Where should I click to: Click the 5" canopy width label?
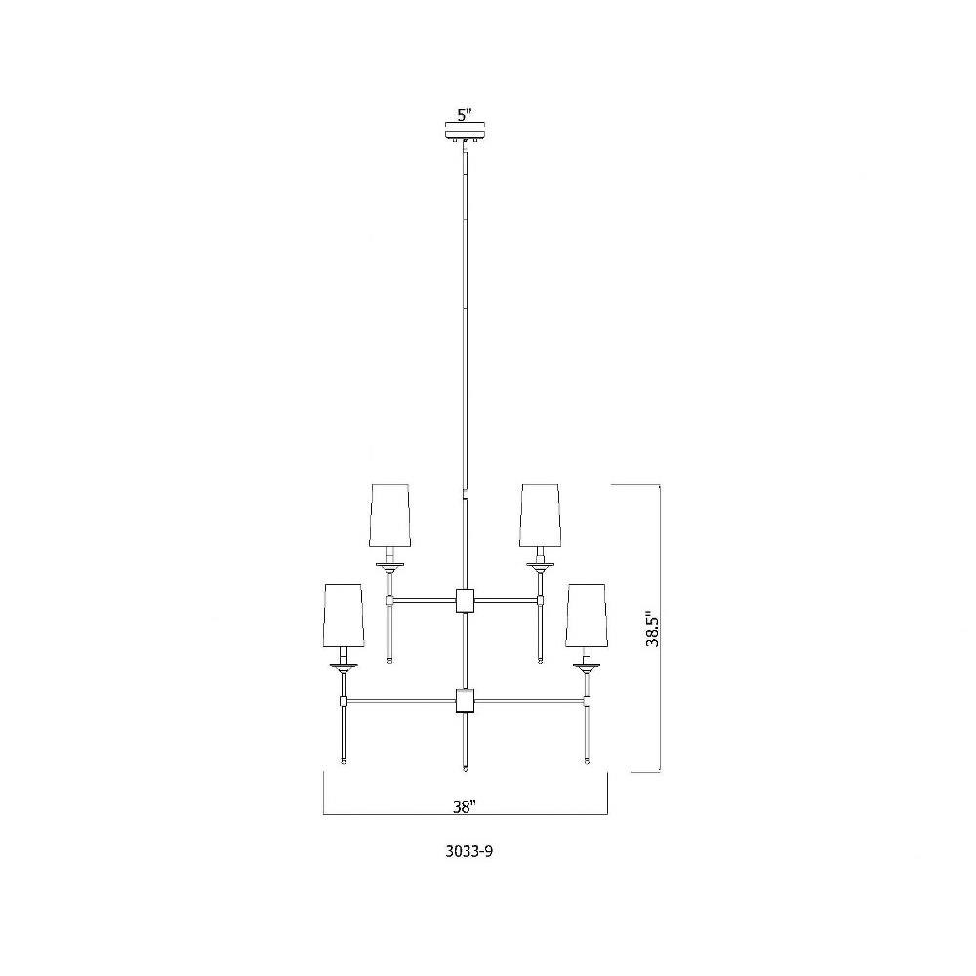click(x=465, y=115)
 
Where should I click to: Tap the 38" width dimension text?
click(x=465, y=807)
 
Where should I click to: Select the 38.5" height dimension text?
click(x=652, y=628)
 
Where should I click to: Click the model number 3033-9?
click(x=468, y=852)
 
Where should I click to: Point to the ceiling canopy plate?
click(x=465, y=133)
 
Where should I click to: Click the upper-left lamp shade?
click(x=390, y=514)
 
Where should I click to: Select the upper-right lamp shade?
click(x=541, y=514)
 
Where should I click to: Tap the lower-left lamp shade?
click(x=344, y=615)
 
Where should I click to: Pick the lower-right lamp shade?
click(x=587, y=615)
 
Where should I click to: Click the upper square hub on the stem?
click(x=465, y=600)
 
